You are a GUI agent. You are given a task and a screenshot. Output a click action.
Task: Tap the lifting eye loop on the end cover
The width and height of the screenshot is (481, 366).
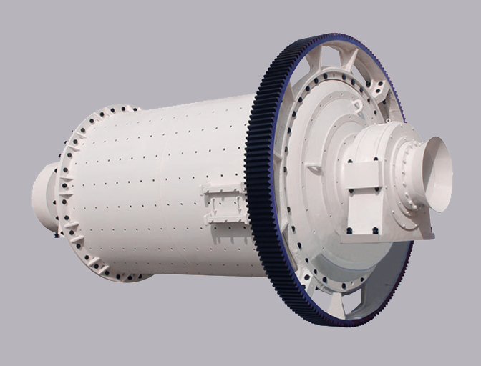click(356, 106)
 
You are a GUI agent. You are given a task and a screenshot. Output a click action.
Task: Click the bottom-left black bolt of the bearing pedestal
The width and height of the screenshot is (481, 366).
click(349, 230)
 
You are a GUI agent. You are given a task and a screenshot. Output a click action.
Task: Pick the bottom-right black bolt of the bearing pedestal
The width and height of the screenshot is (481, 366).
click(375, 229)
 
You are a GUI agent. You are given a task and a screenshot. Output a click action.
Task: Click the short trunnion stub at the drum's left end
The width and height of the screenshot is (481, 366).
click(44, 197)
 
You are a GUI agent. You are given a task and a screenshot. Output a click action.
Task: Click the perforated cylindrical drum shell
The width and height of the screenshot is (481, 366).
click(157, 186)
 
